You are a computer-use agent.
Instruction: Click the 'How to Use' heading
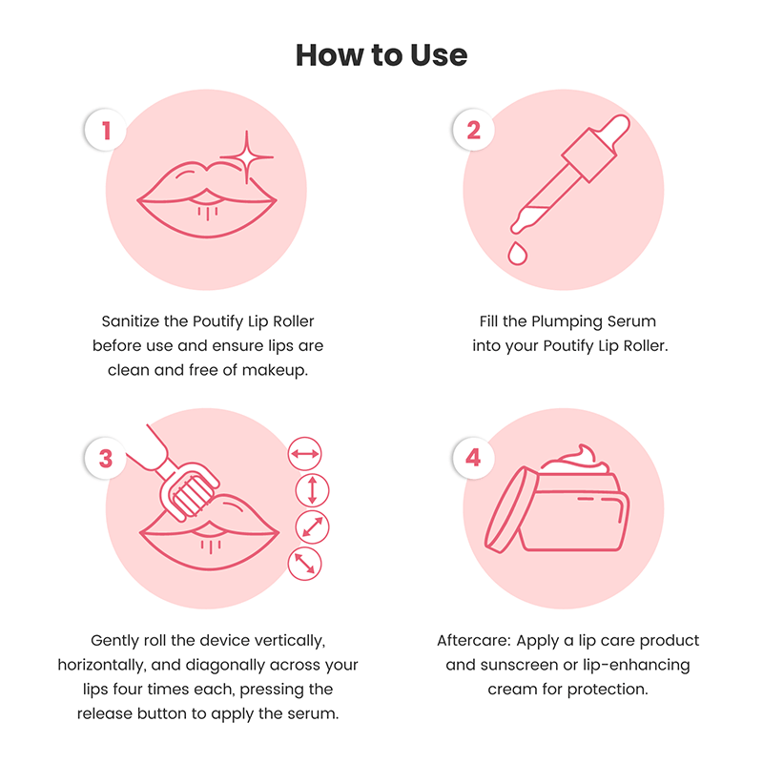click(x=381, y=55)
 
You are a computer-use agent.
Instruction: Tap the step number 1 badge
click(x=106, y=131)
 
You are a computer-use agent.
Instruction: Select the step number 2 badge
click(x=474, y=131)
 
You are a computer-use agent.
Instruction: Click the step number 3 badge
click(x=106, y=459)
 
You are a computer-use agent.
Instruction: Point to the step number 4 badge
click(x=474, y=459)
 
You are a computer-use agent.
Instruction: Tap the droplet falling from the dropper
click(x=518, y=252)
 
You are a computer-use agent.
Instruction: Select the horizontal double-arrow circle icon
click(x=305, y=455)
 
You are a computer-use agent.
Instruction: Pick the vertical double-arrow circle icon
click(x=311, y=490)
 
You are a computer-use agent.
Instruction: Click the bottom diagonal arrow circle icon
click(x=305, y=563)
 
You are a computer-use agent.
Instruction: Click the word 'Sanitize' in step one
click(x=132, y=321)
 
